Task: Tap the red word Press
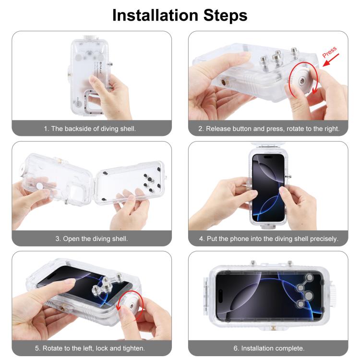330,52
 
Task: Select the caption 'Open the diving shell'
92,239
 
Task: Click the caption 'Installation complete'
268,348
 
